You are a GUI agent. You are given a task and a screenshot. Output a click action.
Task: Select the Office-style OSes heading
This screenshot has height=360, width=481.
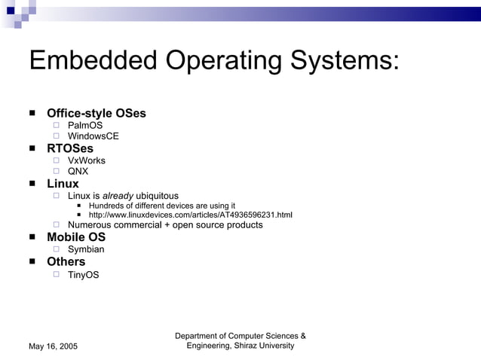(97, 114)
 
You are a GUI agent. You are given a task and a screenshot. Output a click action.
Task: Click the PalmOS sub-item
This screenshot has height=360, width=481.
(85, 126)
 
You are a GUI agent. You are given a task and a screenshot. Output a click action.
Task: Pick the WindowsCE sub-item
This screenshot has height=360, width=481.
(93, 137)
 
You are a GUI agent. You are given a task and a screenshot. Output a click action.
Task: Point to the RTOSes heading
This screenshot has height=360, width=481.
(70, 149)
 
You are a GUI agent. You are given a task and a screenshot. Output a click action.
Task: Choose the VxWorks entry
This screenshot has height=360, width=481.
(87, 160)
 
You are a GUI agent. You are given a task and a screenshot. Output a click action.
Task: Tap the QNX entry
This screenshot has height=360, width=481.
(78, 172)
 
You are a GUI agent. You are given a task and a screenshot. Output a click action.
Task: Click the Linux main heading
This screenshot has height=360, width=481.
(63, 184)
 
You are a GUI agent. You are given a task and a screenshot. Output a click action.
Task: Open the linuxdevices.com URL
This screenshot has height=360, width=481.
(190, 215)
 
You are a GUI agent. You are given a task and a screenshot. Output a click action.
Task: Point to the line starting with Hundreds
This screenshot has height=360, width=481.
(162, 206)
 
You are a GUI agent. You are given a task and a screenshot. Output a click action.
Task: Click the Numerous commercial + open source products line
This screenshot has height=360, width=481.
(165, 225)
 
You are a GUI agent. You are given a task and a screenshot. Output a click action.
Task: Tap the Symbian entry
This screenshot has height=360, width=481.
(86, 249)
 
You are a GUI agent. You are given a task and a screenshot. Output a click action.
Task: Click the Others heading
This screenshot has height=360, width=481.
(66, 262)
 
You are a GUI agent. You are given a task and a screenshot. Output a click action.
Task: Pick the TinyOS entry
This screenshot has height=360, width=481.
(83, 275)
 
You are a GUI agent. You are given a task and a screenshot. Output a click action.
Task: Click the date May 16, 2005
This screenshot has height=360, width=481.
(53, 346)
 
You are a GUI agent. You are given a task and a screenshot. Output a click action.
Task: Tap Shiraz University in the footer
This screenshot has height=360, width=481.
(265, 345)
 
